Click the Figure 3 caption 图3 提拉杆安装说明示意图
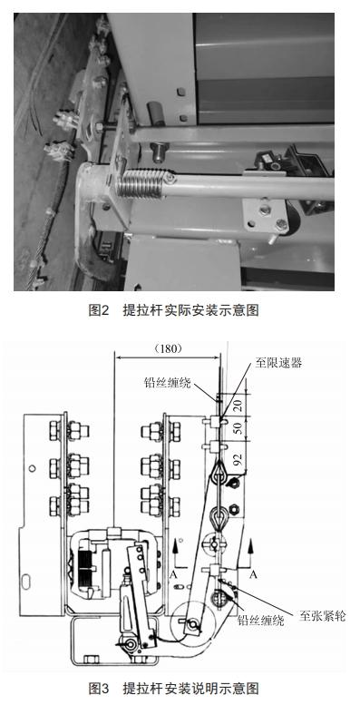coord(180,689)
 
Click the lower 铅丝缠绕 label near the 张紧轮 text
coord(260,621)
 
